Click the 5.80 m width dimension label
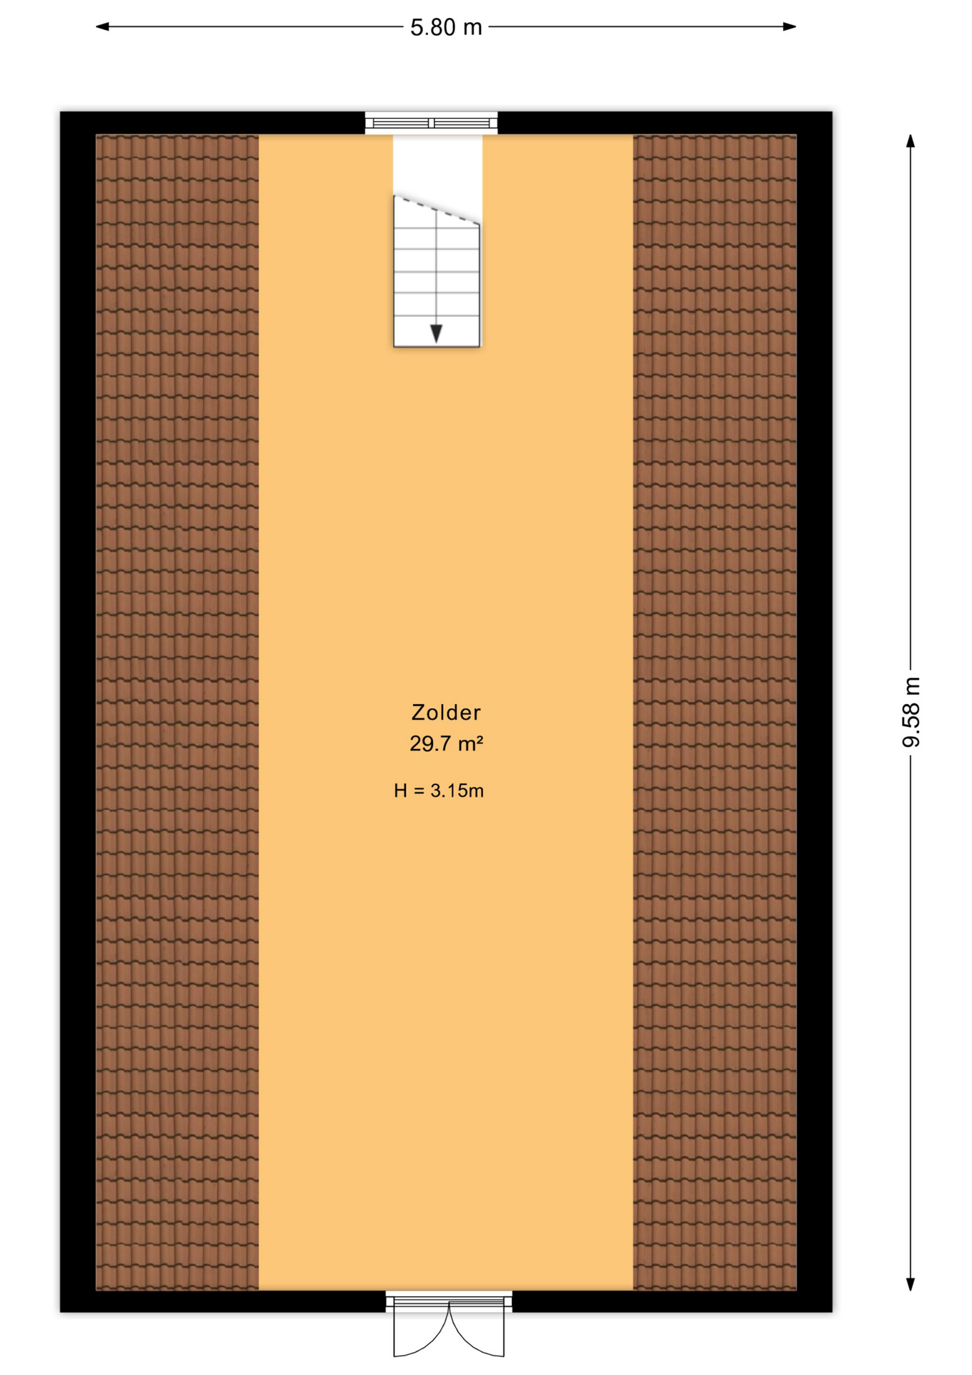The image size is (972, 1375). click(446, 27)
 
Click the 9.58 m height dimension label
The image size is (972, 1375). click(911, 711)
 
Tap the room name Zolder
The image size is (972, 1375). click(446, 712)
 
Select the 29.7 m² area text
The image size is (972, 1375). click(446, 743)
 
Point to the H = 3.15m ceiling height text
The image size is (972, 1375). click(439, 791)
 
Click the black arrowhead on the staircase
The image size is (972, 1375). click(436, 333)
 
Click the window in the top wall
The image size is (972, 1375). click(431, 123)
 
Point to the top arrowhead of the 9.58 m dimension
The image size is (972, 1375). click(910, 141)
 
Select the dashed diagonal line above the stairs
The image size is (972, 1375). click(437, 211)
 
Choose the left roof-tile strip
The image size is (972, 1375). click(177, 712)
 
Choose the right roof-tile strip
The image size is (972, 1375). click(714, 712)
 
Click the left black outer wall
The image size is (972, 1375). click(77, 712)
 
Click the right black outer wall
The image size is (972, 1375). click(814, 712)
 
